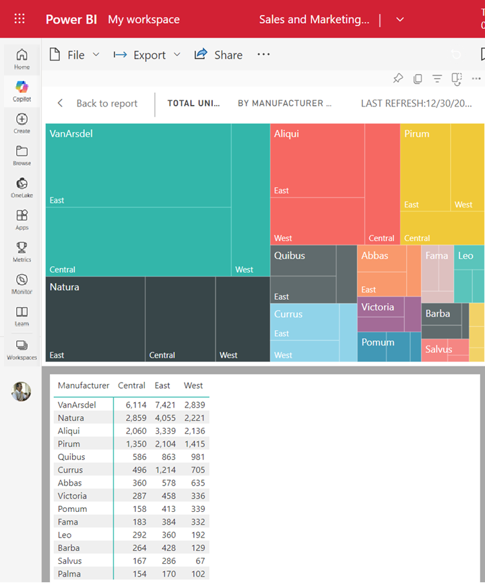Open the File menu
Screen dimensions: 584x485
pyautogui.click(x=74, y=55)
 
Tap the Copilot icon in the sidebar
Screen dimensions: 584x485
pyautogui.click(x=22, y=90)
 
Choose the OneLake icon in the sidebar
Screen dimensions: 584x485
pyautogui.click(x=22, y=187)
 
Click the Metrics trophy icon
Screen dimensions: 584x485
pyautogui.click(x=22, y=251)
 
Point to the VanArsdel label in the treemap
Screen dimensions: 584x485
pyautogui.click(x=71, y=134)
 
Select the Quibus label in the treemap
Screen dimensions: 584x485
pyautogui.click(x=289, y=256)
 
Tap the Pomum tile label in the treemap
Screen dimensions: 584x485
pyautogui.click(x=377, y=342)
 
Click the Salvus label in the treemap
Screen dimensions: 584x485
pyautogui.click(x=439, y=350)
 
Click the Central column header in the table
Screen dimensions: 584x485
pyautogui.click(x=131, y=386)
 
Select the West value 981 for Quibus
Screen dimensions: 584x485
pyautogui.click(x=195, y=457)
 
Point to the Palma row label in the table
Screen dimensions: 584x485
pyautogui.click(x=69, y=574)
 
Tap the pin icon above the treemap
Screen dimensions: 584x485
pyautogui.click(x=398, y=79)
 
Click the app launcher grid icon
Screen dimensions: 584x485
pyautogui.click(x=20, y=19)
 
